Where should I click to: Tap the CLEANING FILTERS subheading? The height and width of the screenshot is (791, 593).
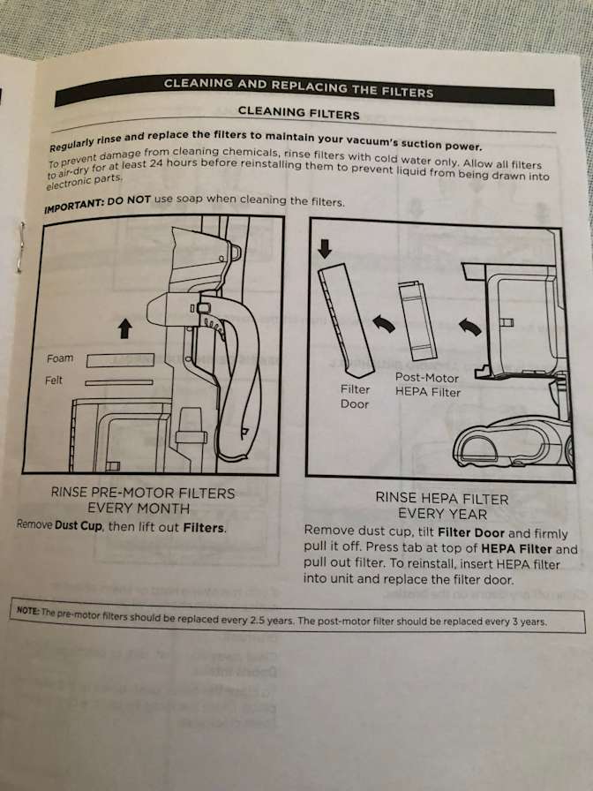pos(298,113)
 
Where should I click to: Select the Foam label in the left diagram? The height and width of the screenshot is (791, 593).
pos(61,358)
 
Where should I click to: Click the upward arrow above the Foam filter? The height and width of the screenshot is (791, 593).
pos(124,329)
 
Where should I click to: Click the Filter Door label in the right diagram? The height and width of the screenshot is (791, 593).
pos(355,396)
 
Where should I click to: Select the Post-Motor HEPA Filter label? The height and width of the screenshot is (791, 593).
pos(428,385)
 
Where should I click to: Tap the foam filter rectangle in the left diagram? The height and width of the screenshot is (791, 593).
pos(120,360)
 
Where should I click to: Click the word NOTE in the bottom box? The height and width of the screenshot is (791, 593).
pos(29,610)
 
